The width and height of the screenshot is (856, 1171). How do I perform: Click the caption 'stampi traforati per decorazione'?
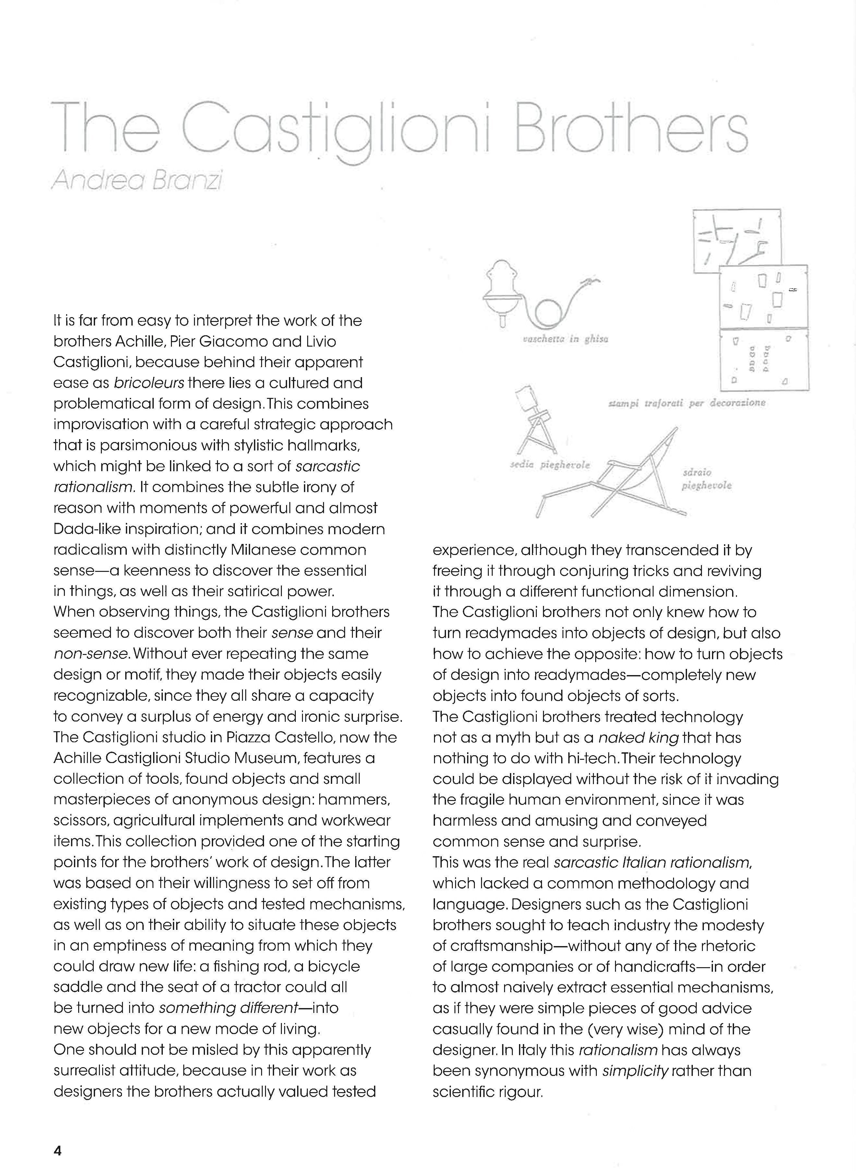pos(687,403)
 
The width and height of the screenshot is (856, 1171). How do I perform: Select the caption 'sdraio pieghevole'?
pos(706,479)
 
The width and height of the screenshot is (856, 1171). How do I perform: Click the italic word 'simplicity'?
pos(635,1070)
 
